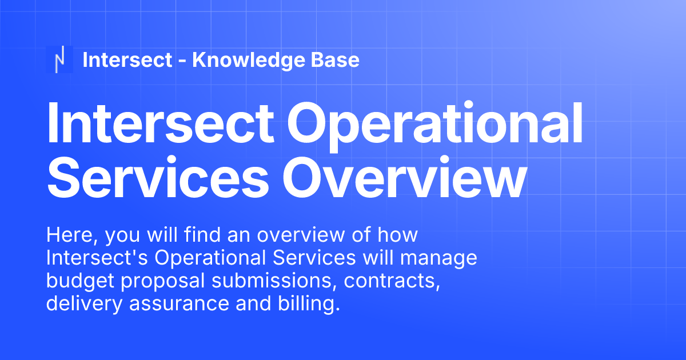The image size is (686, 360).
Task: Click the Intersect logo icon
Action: tap(59, 59)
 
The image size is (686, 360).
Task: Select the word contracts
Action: tap(389, 281)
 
